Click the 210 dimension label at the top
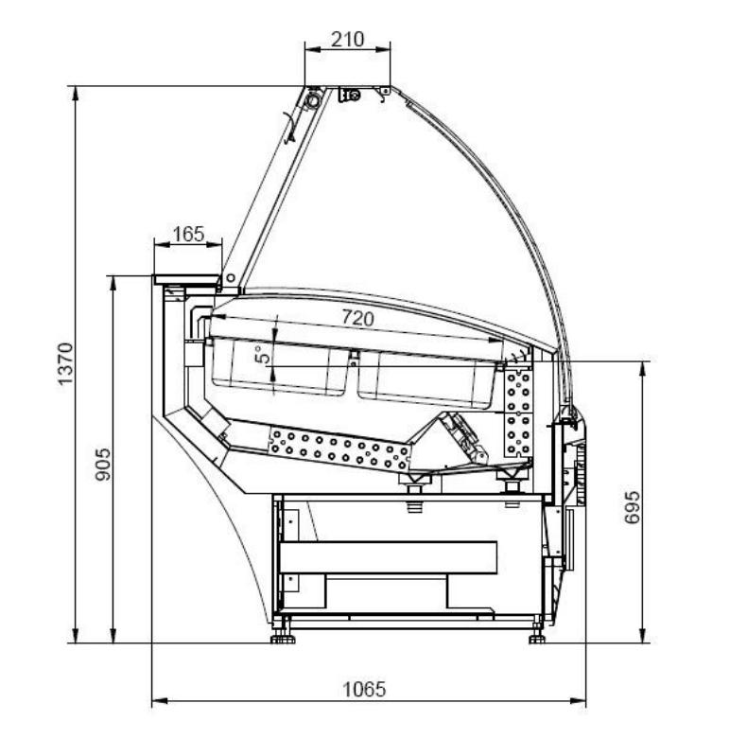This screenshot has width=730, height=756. pos(347,39)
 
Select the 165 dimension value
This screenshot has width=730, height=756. pos(188,235)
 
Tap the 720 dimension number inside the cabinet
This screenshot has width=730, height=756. pos(357,318)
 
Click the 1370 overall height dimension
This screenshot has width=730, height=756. pos(65,364)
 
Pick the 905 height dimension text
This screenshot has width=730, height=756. pos(103,465)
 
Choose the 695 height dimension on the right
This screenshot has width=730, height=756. pos(632,507)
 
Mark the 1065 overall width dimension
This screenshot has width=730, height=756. pos(364,690)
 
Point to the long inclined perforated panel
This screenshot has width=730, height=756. pos(339,449)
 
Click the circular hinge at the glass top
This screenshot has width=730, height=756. pos(313,100)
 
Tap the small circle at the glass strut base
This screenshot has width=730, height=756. pos(231,278)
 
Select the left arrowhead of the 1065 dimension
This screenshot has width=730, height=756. pos(160,700)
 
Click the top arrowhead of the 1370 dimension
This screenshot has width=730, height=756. pos(75,94)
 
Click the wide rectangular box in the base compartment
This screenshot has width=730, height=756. pos(389,557)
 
